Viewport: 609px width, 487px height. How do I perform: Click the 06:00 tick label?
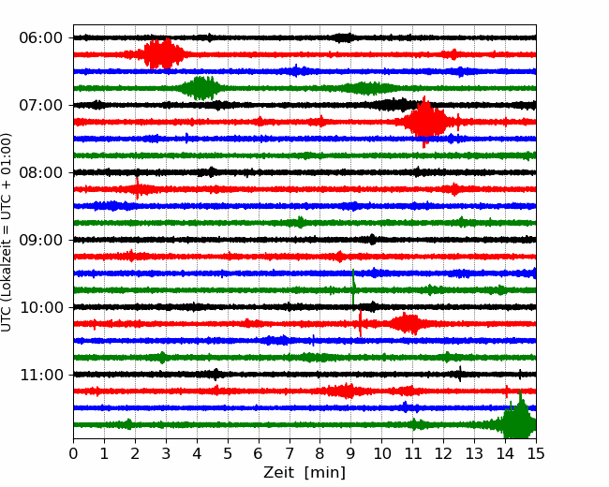click(40, 38)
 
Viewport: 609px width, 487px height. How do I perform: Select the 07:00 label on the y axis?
click(40, 105)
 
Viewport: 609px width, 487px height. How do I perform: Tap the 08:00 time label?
click(40, 173)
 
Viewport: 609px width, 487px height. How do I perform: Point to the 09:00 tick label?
click(40, 240)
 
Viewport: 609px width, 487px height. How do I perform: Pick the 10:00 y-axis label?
click(40, 307)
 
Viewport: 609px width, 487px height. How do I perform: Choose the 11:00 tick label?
click(40, 376)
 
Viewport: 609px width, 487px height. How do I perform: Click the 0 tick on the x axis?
click(73, 453)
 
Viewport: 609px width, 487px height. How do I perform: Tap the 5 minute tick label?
click(228, 453)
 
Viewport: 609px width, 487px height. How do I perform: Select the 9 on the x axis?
click(350, 453)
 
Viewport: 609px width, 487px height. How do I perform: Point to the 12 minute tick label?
click(443, 453)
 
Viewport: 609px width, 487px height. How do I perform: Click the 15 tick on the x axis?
click(536, 453)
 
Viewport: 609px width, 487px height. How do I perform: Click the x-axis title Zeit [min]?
click(304, 473)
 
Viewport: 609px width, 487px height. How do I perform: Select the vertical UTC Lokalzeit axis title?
click(7, 232)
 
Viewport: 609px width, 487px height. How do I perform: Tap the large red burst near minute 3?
click(164, 54)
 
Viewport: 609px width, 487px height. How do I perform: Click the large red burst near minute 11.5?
click(426, 122)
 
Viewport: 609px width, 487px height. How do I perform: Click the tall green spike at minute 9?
click(353, 289)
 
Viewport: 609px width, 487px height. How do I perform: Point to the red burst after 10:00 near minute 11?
click(407, 323)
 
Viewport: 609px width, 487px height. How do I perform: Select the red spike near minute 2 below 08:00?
click(137, 188)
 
